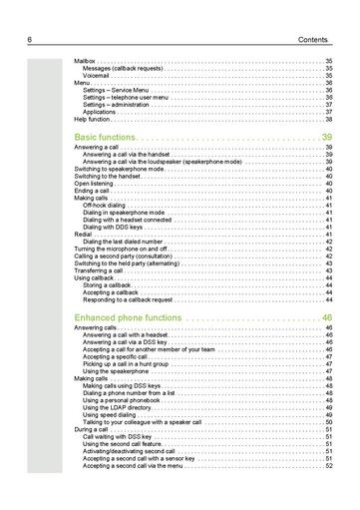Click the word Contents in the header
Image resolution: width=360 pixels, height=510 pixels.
pos(315,39)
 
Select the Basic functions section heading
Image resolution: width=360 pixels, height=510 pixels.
pos(104,136)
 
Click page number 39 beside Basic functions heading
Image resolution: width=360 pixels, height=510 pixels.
pos(327,136)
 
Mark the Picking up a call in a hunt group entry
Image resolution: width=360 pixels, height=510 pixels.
pos(129,364)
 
